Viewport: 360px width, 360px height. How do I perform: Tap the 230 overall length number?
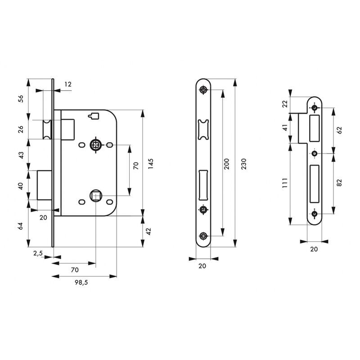tap(243, 165)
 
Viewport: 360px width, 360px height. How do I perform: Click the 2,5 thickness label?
tap(38, 253)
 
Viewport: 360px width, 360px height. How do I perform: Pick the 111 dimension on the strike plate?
tap(284, 185)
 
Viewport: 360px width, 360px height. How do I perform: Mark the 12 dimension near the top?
tap(68, 84)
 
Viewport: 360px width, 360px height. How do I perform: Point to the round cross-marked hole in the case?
tap(95, 145)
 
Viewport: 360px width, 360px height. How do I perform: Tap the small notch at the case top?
tap(94, 116)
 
